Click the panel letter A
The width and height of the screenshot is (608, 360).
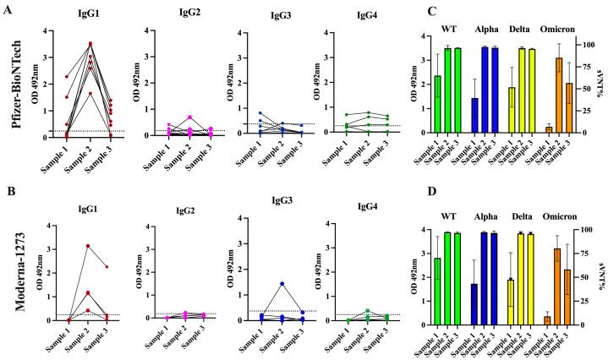tap(7, 9)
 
